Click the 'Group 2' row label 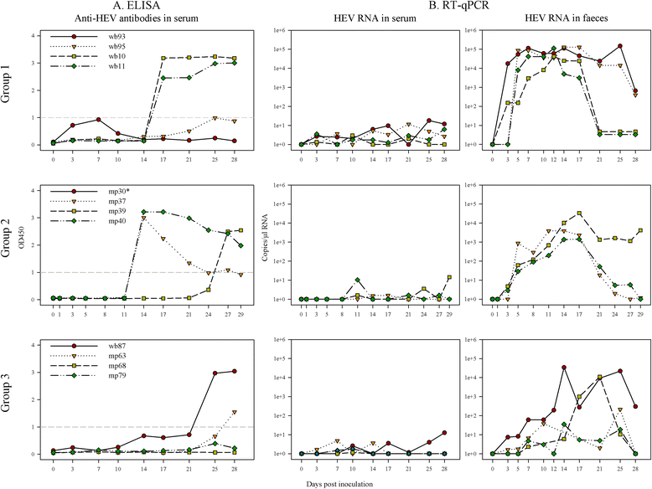[8, 244]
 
